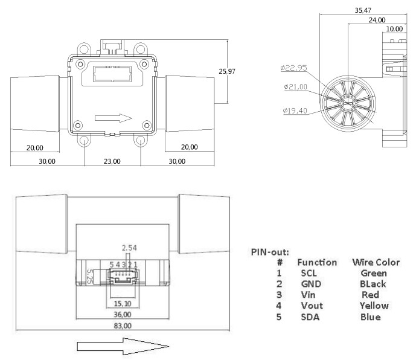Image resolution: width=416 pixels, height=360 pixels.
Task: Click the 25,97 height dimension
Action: pyautogui.click(x=227, y=71)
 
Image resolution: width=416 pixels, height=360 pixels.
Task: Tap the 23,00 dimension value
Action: pyautogui.click(x=112, y=161)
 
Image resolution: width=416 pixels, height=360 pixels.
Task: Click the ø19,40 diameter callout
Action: pyautogui.click(x=295, y=111)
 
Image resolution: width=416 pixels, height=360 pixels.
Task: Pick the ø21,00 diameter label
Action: pyautogui.click(x=295, y=87)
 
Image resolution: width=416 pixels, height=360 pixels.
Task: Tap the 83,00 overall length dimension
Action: pyautogui.click(x=122, y=326)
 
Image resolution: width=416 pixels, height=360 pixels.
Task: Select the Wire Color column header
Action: pyautogui.click(x=376, y=263)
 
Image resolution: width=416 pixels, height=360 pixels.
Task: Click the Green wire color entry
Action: pyautogui.click(x=373, y=273)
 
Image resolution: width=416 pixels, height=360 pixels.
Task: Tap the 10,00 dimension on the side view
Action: pyautogui.click(x=394, y=29)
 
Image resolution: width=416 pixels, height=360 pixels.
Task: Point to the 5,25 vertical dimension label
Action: pyautogui.click(x=89, y=276)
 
